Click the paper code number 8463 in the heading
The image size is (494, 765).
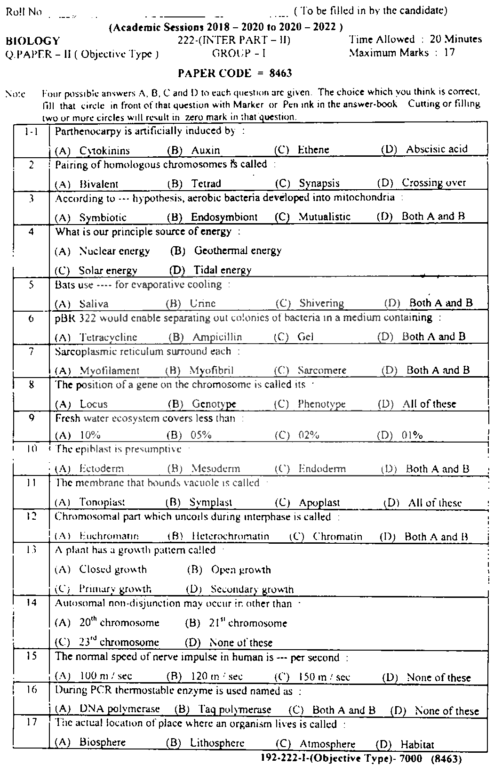click(x=281, y=73)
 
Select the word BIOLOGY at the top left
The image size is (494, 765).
click(x=33, y=41)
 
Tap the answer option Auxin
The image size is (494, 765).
click(x=206, y=150)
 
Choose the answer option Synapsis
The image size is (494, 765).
click(x=319, y=183)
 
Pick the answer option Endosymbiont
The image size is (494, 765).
click(x=224, y=217)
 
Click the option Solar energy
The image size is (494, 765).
click(x=108, y=271)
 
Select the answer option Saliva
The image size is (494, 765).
click(x=94, y=304)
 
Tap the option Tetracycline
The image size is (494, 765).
click(x=108, y=337)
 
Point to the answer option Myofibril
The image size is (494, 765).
click(x=211, y=370)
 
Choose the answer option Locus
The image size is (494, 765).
click(x=94, y=404)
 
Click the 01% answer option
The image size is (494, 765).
click(x=412, y=435)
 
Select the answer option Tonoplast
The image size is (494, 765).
click(x=102, y=503)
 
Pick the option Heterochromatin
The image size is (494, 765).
click(x=231, y=536)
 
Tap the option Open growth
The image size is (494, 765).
click(x=241, y=570)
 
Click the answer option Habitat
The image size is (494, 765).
click(x=417, y=745)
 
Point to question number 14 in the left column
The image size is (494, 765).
click(x=32, y=603)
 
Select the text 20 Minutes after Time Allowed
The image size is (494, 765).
click(x=455, y=39)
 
